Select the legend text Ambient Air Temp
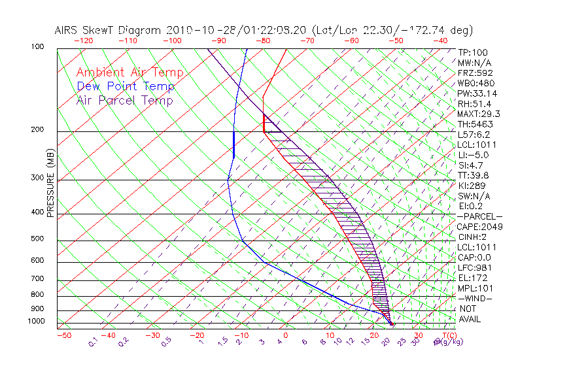[129, 73]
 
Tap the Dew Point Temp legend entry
[125, 86]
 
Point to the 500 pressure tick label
[37, 240]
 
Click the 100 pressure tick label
[37, 47]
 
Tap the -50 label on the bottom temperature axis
[63, 336]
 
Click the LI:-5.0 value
[473, 155]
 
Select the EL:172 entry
[471, 278]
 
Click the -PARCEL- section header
[479, 216]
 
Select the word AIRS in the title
[68, 30]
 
